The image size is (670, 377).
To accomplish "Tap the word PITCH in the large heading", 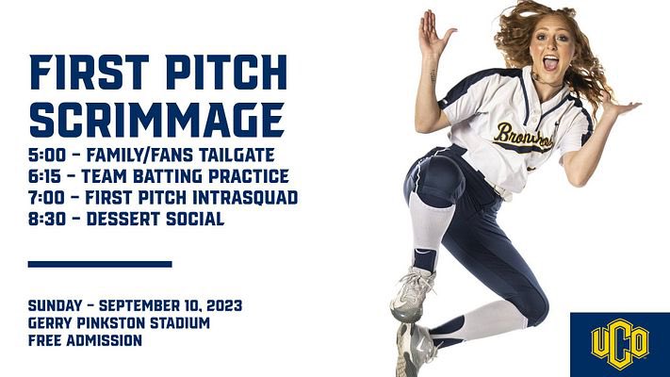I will pyautogui.click(x=218, y=72).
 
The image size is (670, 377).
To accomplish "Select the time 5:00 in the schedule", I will pyautogui.click(x=48, y=155).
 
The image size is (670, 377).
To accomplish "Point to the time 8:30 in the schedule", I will pyautogui.click(x=48, y=220).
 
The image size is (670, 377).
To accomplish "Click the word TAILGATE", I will pyautogui.click(x=248, y=155).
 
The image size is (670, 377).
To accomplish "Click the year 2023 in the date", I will pyautogui.click(x=221, y=305).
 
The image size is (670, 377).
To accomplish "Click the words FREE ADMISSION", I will pyautogui.click(x=85, y=340).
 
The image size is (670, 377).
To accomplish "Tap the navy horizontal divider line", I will pyautogui.click(x=100, y=264).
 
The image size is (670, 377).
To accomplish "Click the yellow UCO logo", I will pyautogui.click(x=619, y=344).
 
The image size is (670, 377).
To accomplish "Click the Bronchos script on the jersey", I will pyautogui.click(x=523, y=136).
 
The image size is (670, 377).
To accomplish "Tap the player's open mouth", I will pyautogui.click(x=550, y=64).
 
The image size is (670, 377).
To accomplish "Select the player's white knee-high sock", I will pyautogui.click(x=428, y=226).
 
